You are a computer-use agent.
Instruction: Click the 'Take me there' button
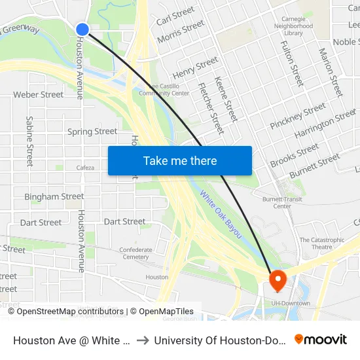pyautogui.click(x=180, y=161)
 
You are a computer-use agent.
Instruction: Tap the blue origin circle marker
pyautogui.click(x=82, y=29)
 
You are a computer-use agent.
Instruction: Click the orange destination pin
pyautogui.click(x=278, y=281)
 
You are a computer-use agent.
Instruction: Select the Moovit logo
pyautogui.click(x=320, y=340)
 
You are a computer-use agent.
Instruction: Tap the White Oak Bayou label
pyautogui.click(x=221, y=215)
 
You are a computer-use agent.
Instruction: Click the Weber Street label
pyautogui.click(x=39, y=95)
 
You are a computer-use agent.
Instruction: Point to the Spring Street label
pyautogui.click(x=92, y=132)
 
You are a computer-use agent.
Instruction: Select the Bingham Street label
pyautogui.click(x=54, y=196)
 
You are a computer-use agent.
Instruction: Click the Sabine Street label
pyautogui.click(x=29, y=141)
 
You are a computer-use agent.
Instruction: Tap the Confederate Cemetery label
pyautogui.click(x=135, y=253)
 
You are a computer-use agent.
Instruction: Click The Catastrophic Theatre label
pyautogui.click(x=321, y=243)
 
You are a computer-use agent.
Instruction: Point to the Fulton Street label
pyautogui.click(x=291, y=63)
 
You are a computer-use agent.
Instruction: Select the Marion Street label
pyautogui.click(x=330, y=72)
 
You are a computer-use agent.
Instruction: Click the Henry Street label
pyautogui.click(x=195, y=67)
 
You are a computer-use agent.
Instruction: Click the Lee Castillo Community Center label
pyautogui.click(x=164, y=89)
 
